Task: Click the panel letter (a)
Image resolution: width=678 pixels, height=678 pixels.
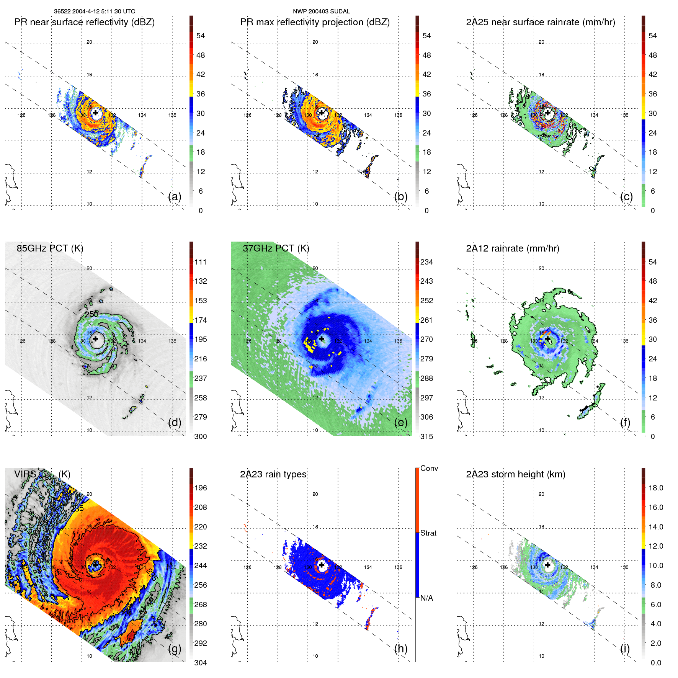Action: click(175, 197)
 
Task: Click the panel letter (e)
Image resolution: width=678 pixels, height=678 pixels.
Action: click(400, 423)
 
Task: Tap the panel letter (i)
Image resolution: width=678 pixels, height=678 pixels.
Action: click(625, 649)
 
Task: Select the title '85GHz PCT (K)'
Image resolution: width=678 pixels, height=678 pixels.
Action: click(50, 248)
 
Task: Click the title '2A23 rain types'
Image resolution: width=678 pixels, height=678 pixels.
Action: click(273, 474)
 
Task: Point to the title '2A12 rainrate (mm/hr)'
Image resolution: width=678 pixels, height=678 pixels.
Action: click(512, 248)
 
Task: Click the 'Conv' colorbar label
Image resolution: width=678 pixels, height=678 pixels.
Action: click(429, 468)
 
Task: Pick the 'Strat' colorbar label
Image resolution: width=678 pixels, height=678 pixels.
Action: click(428, 533)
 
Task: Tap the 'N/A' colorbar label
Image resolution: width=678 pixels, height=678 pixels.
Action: click(426, 598)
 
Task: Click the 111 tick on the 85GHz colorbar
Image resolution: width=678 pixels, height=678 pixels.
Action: click(200, 262)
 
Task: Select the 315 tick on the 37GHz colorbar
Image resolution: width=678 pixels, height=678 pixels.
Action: click(426, 436)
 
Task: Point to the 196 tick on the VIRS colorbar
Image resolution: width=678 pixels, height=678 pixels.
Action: click(200, 488)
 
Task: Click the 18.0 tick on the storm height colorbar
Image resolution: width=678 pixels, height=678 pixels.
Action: click(655, 488)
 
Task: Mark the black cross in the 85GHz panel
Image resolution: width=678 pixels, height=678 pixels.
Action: click(95, 339)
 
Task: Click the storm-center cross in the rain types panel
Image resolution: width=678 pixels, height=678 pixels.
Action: click(322, 565)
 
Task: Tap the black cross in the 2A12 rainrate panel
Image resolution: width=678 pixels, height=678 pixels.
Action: click(547, 339)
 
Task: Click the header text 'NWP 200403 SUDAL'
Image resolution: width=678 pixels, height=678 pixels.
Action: click(321, 11)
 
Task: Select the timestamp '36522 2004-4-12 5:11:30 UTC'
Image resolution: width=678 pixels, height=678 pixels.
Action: click(95, 11)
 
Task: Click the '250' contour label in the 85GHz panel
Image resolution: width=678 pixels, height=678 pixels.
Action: click(91, 314)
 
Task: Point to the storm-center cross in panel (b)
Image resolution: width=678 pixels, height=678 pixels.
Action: click(322, 113)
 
